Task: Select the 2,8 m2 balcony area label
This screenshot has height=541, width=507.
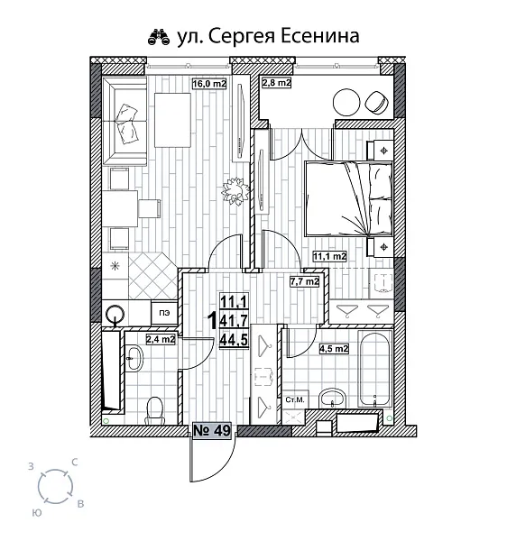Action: (x=276, y=85)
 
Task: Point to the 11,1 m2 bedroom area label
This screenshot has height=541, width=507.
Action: (x=330, y=256)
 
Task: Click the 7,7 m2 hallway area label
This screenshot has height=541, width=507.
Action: (x=304, y=281)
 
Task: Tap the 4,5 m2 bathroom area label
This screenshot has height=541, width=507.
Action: (x=334, y=350)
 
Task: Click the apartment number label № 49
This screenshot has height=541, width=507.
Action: (x=212, y=431)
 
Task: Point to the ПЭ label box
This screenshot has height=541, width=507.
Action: (x=164, y=313)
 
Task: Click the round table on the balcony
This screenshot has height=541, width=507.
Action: (x=347, y=100)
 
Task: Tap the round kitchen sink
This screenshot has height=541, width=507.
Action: (x=115, y=315)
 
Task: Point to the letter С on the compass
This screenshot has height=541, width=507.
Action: (x=74, y=463)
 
